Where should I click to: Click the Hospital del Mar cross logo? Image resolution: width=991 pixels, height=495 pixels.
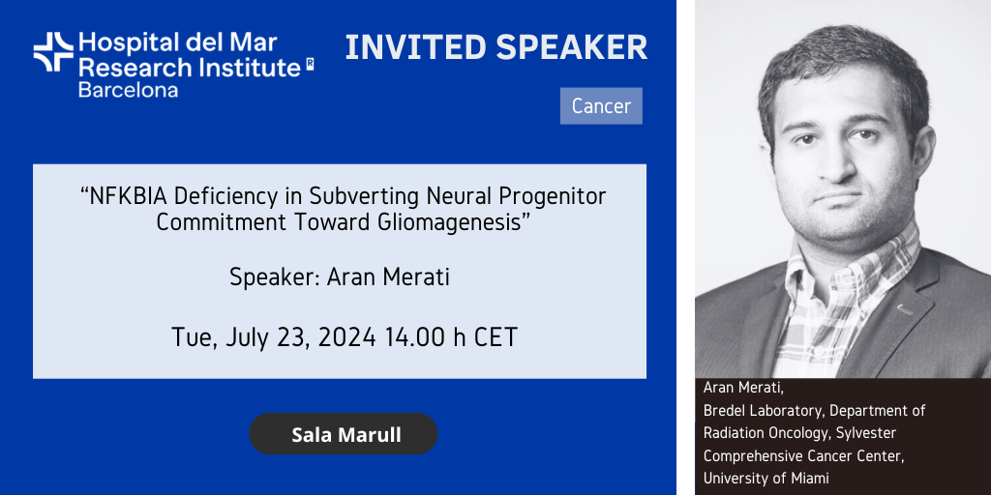tap(54, 52)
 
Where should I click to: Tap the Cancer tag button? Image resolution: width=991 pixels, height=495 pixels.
tap(601, 106)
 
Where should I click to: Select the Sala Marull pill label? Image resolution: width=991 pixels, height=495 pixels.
tap(344, 434)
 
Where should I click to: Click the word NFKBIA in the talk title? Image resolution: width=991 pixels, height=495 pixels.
tap(129, 196)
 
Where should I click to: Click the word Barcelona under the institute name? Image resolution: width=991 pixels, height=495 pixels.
tap(128, 89)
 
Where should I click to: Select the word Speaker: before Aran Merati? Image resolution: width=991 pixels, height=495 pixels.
tap(275, 277)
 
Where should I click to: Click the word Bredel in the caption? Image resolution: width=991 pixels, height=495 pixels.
tap(724, 411)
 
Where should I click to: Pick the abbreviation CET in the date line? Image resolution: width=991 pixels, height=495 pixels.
tap(495, 337)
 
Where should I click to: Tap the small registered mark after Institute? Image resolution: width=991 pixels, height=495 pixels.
tap(310, 63)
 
